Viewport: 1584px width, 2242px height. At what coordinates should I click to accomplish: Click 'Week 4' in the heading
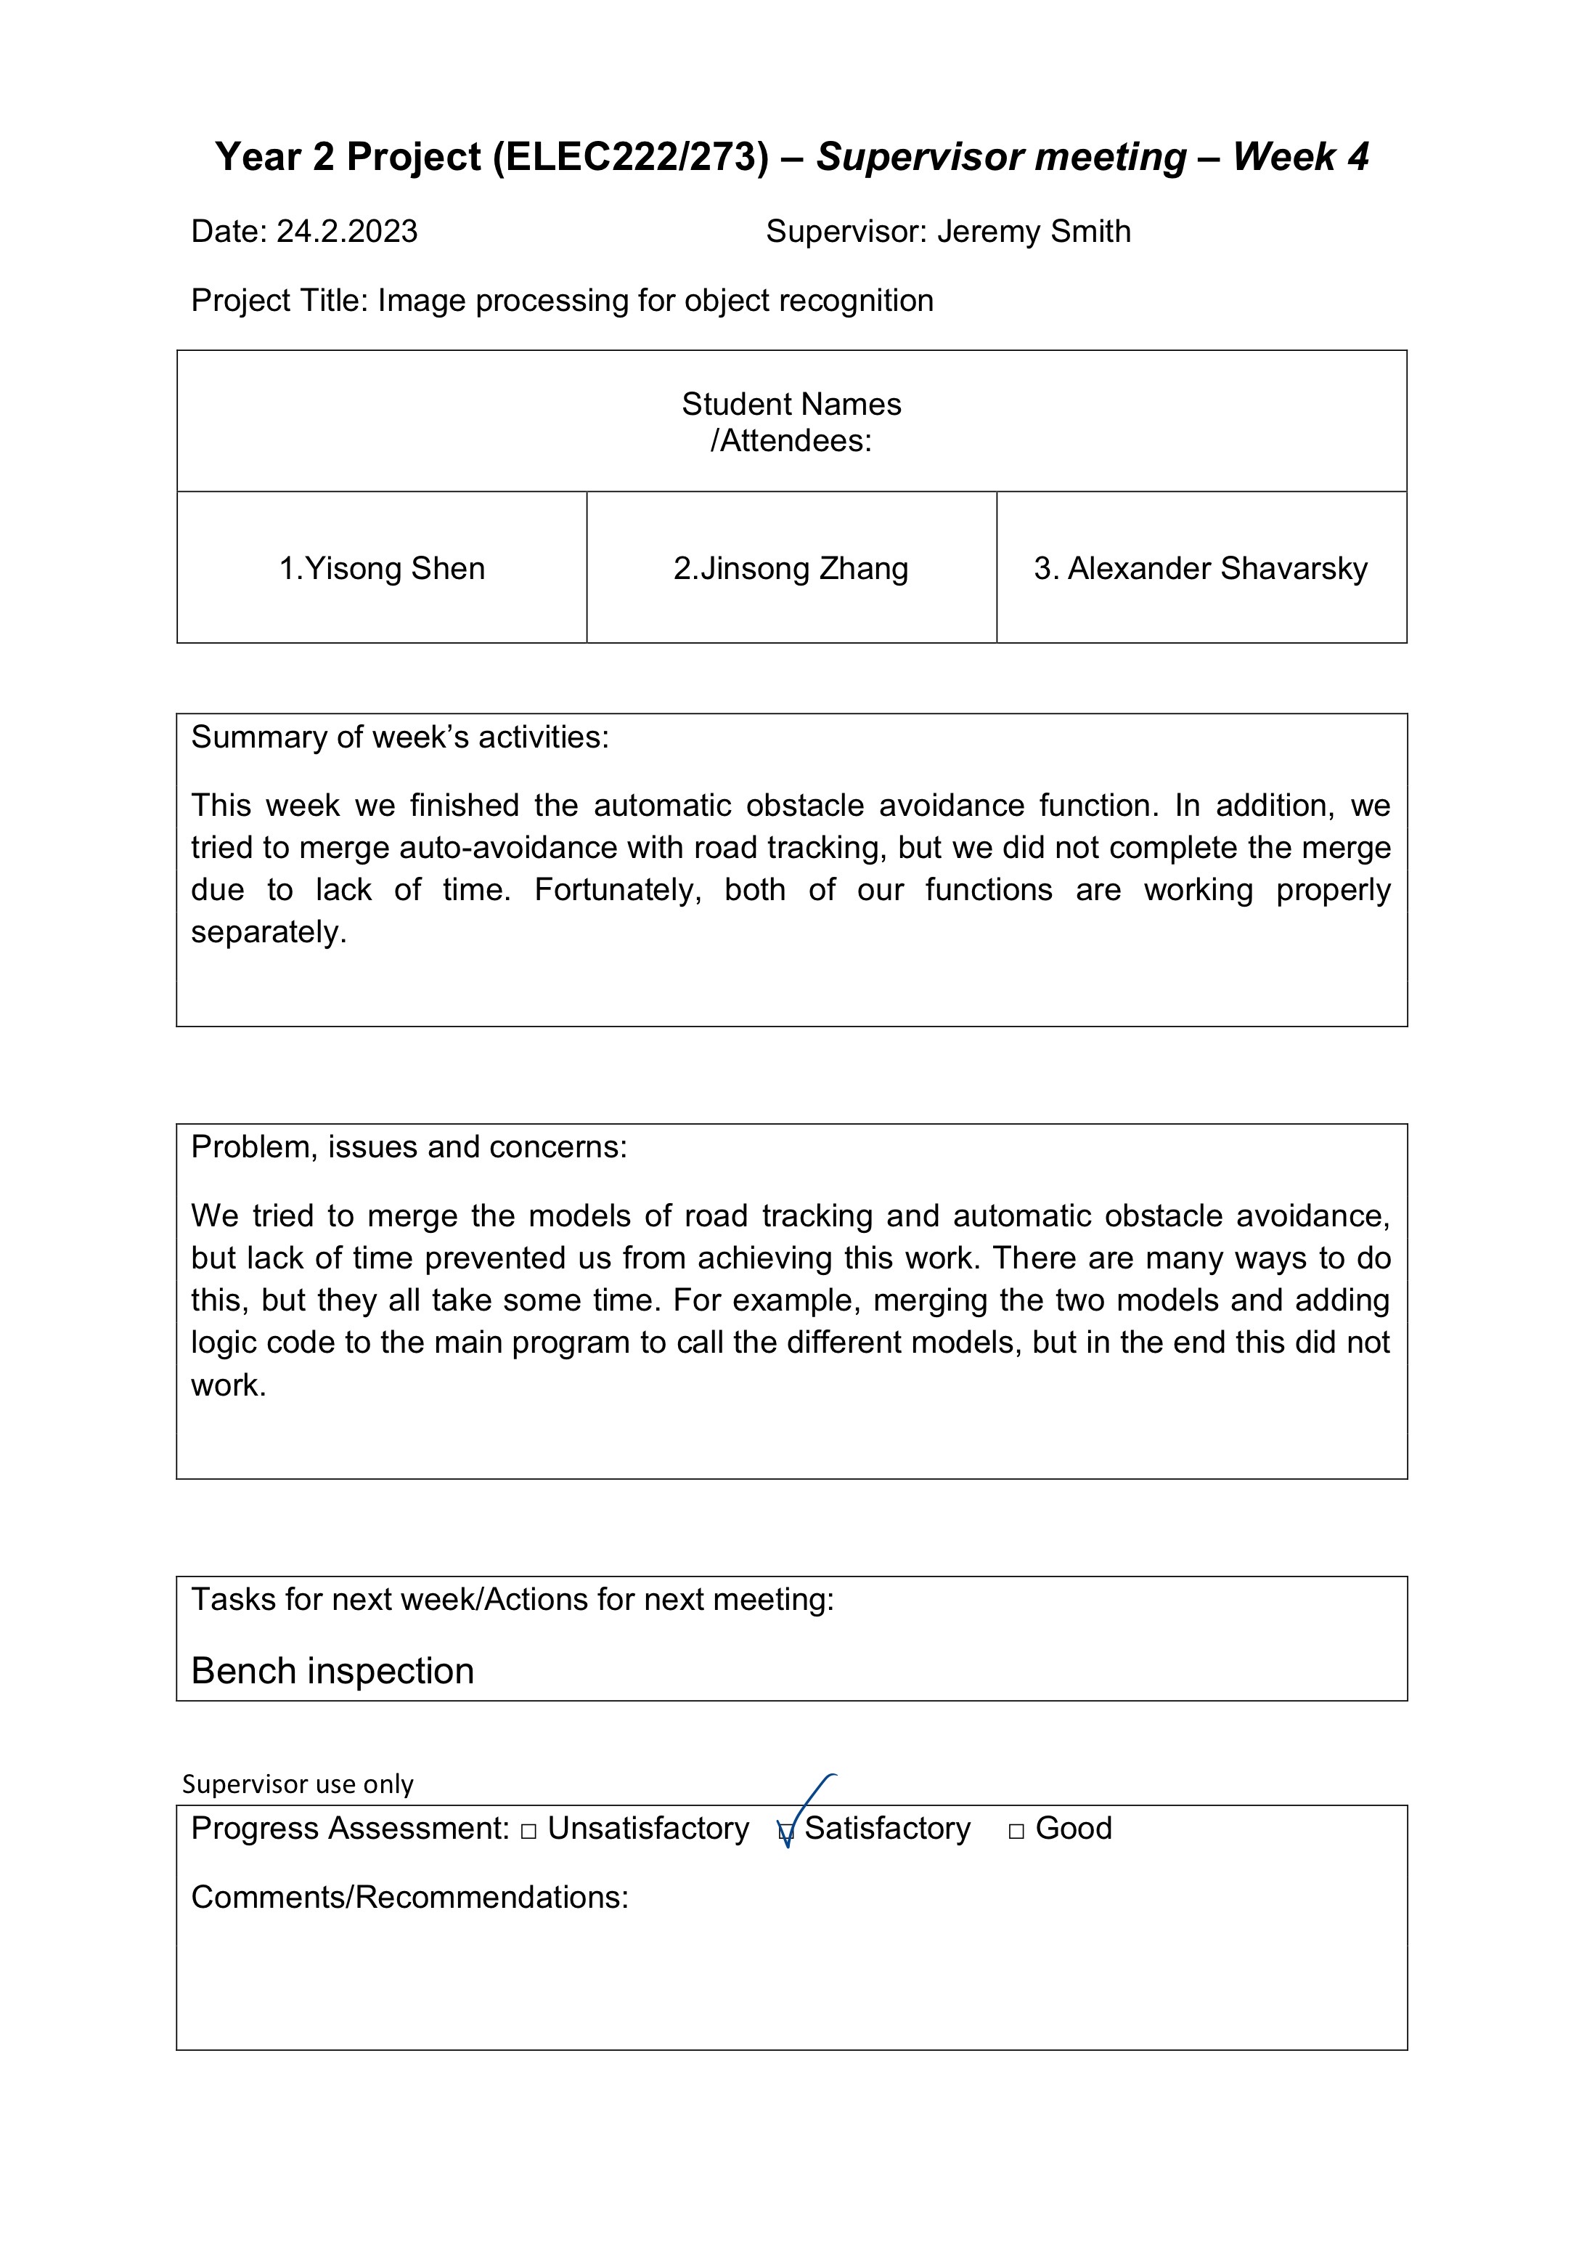click(1300, 157)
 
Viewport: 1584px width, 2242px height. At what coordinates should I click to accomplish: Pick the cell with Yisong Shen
click(382, 568)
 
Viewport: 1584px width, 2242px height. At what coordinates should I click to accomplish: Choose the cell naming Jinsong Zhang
click(791, 568)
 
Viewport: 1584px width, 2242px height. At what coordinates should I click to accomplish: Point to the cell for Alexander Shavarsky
click(1201, 568)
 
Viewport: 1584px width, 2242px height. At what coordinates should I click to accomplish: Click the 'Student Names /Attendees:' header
click(791, 422)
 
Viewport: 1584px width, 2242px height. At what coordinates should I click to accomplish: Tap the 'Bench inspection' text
click(332, 1671)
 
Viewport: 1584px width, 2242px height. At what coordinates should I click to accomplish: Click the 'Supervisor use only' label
click(298, 1784)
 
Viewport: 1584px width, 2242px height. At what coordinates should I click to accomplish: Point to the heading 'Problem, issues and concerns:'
click(409, 1146)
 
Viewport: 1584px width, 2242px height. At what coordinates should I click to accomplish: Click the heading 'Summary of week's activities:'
click(399, 737)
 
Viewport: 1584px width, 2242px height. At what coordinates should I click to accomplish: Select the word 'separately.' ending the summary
click(269, 933)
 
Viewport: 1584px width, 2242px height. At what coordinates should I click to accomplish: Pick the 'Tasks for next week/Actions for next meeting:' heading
click(513, 1600)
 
